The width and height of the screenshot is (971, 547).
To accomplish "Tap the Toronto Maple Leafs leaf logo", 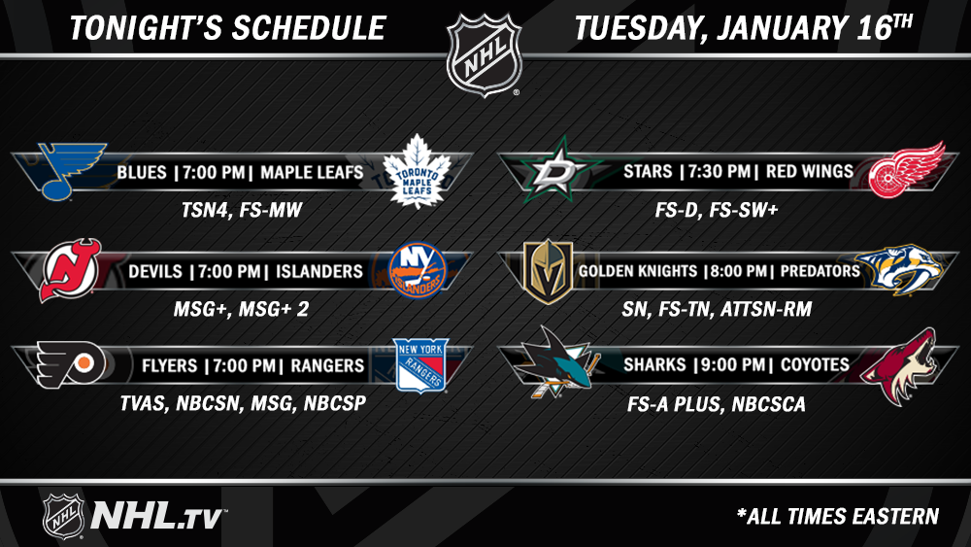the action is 417,170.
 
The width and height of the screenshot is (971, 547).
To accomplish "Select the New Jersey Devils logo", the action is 70,270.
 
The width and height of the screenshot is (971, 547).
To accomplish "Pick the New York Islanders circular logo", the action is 418,270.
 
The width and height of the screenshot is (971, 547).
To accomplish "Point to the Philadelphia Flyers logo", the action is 71,365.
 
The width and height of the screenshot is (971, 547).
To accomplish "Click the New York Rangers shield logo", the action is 421,365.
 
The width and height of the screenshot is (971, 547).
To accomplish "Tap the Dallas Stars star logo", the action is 560,169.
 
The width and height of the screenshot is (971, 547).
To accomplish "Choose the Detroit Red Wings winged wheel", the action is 907,170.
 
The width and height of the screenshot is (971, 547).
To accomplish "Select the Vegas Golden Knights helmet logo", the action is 548,271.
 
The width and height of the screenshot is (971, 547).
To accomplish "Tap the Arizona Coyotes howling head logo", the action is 899,366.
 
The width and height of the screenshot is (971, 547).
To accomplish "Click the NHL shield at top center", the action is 485,55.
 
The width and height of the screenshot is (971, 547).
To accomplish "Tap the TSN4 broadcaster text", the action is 205,210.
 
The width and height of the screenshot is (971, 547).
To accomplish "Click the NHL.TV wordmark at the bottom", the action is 158,515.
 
